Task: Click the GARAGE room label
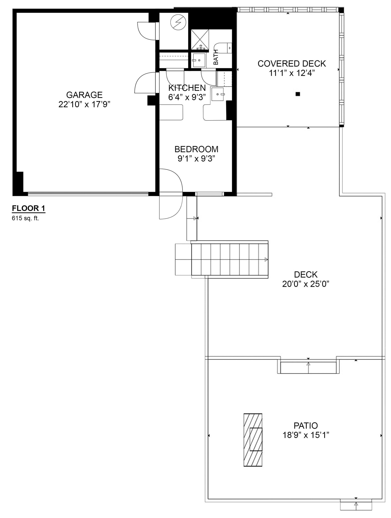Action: (x=84, y=95)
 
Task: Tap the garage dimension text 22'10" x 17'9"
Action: (x=84, y=104)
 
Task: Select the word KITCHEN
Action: (x=187, y=88)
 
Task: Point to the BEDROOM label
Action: (x=196, y=149)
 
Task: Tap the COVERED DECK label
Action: (x=292, y=64)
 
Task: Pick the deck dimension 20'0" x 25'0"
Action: (x=306, y=284)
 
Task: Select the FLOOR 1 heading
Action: (x=28, y=208)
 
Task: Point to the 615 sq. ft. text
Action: (x=25, y=218)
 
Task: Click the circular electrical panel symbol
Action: (x=178, y=22)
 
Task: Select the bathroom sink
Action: (x=199, y=60)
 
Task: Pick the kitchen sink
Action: (x=218, y=94)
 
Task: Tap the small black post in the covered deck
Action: (x=298, y=94)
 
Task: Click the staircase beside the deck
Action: (x=229, y=259)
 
